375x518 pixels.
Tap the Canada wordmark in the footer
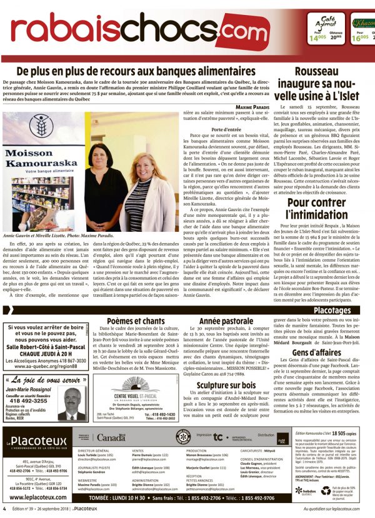tap(112, 438)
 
